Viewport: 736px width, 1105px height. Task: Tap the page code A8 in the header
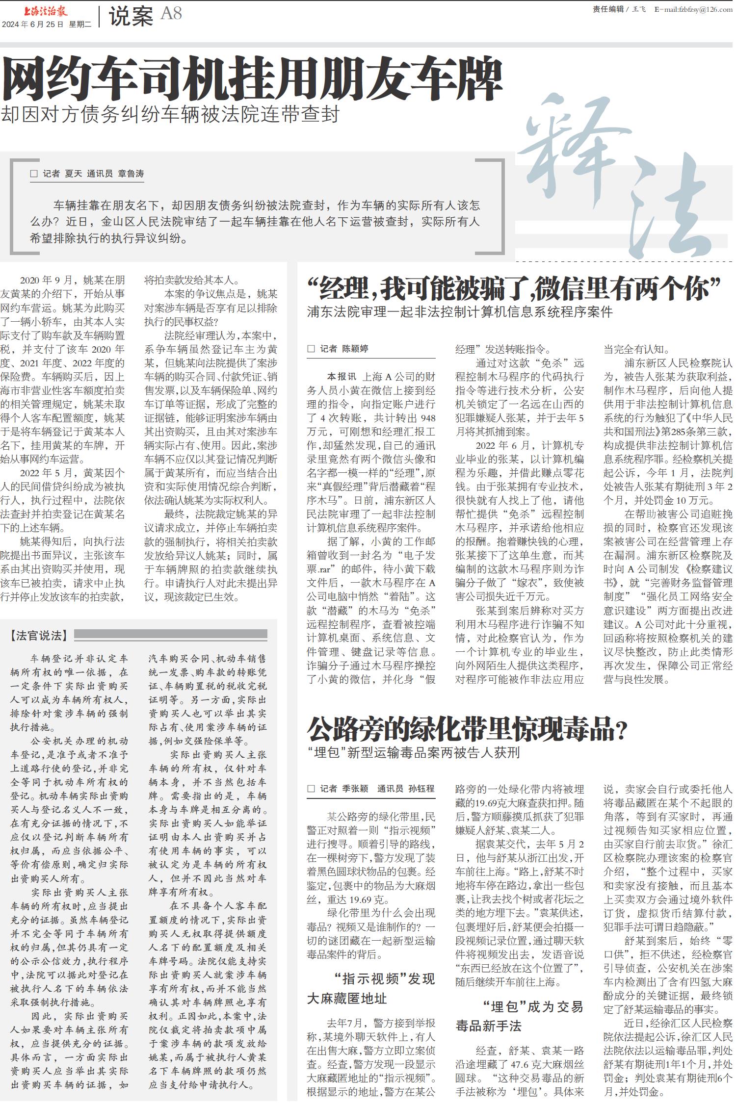pos(171,14)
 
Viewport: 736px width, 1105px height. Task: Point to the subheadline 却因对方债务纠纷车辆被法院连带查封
pos(170,115)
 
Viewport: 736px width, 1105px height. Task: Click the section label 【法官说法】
pos(38,636)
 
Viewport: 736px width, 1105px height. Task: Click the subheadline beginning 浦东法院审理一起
pos(460,312)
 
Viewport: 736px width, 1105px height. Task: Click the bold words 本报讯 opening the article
pos(342,377)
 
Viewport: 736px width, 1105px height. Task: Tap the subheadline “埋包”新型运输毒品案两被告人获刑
pos(413,753)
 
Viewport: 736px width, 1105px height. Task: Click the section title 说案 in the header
pos(131,16)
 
